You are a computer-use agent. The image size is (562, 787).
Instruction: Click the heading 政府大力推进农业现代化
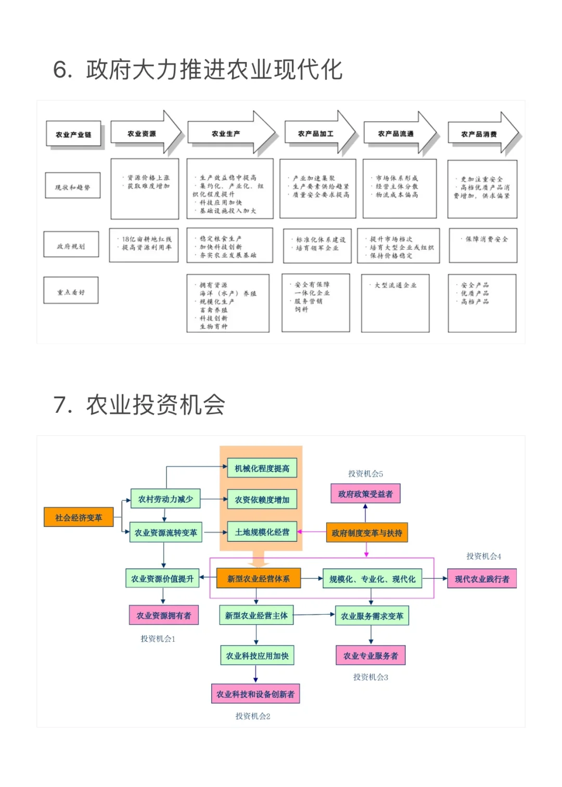(198, 70)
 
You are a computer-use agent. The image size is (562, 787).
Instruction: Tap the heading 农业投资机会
(139, 405)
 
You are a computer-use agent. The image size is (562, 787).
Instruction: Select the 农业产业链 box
(73, 134)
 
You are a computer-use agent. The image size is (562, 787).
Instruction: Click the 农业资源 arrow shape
(142, 134)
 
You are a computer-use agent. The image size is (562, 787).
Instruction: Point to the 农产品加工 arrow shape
(316, 134)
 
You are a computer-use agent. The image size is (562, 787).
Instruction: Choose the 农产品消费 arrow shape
(479, 134)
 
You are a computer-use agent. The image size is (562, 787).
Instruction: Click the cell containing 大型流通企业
(395, 303)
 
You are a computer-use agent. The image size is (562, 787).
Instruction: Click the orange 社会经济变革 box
(79, 517)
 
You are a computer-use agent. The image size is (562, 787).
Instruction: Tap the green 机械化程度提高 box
(262, 468)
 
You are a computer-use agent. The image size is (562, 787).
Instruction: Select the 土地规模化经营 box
(262, 532)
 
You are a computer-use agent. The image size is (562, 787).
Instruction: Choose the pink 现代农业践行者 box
(482, 579)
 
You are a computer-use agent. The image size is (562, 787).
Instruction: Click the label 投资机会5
(365, 474)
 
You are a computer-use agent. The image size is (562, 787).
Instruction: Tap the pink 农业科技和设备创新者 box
(256, 694)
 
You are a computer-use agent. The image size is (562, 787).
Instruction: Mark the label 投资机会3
(371, 677)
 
